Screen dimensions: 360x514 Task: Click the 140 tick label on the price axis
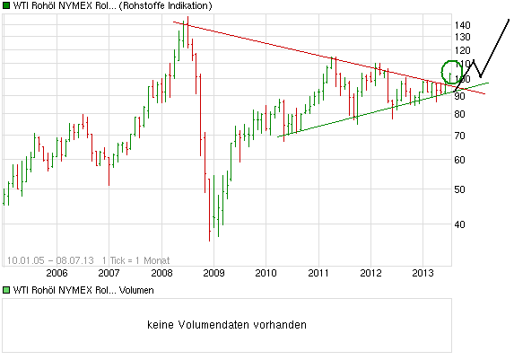tap(463, 24)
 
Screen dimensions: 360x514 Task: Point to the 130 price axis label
tap(463, 37)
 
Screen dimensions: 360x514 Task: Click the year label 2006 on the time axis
tap(57, 272)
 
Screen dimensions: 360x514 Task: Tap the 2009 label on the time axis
tap(213, 272)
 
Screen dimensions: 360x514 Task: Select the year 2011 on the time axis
tap(318, 272)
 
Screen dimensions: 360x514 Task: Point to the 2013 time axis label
tap(423, 272)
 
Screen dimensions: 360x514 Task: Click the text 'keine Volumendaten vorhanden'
tap(226, 324)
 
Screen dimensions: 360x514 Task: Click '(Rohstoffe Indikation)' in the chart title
tap(165, 6)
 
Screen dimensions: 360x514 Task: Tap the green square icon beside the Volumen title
tap(7, 291)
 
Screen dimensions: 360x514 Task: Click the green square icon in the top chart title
tap(7, 6)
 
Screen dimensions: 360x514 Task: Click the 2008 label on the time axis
tap(161, 272)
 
